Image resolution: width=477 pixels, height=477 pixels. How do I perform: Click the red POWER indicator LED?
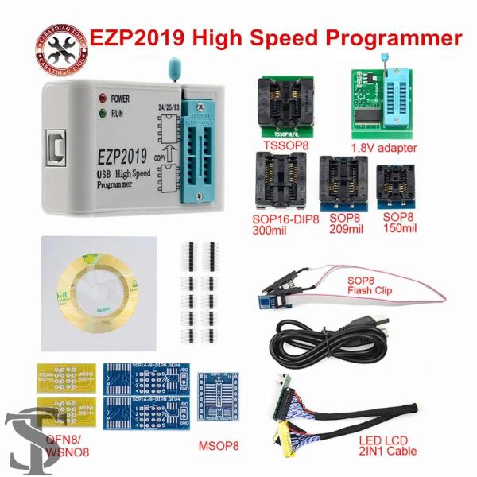coord(102,99)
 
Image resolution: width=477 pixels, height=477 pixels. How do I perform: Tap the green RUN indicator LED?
coord(102,114)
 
